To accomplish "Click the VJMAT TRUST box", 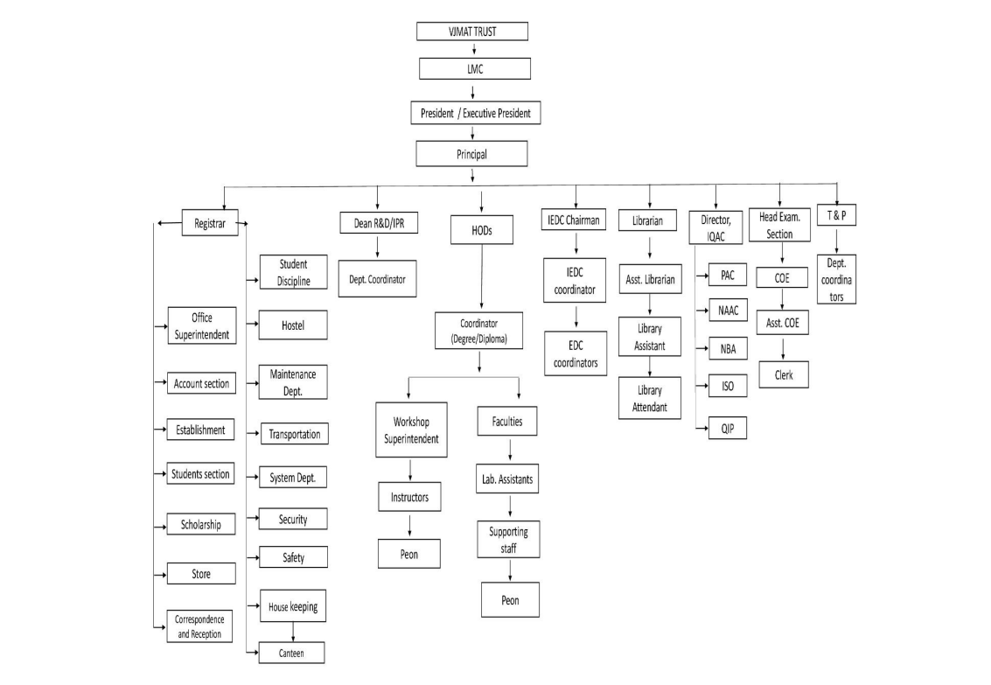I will coord(472,31).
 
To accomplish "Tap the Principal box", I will coord(472,154).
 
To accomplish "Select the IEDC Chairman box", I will coord(575,221).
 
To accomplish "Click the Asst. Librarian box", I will coord(650,281).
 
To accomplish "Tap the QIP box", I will coord(728,429).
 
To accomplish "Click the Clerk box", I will coord(783,374).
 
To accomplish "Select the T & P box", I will coord(836,215).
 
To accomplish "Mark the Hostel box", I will coord(293,326).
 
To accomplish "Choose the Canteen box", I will coord(292,653).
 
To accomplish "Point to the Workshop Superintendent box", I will coord(411,430).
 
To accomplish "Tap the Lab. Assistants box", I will coord(507,479).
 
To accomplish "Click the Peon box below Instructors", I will coord(409,553).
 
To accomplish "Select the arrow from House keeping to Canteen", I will coord(292,630).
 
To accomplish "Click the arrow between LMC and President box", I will coord(473,91).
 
